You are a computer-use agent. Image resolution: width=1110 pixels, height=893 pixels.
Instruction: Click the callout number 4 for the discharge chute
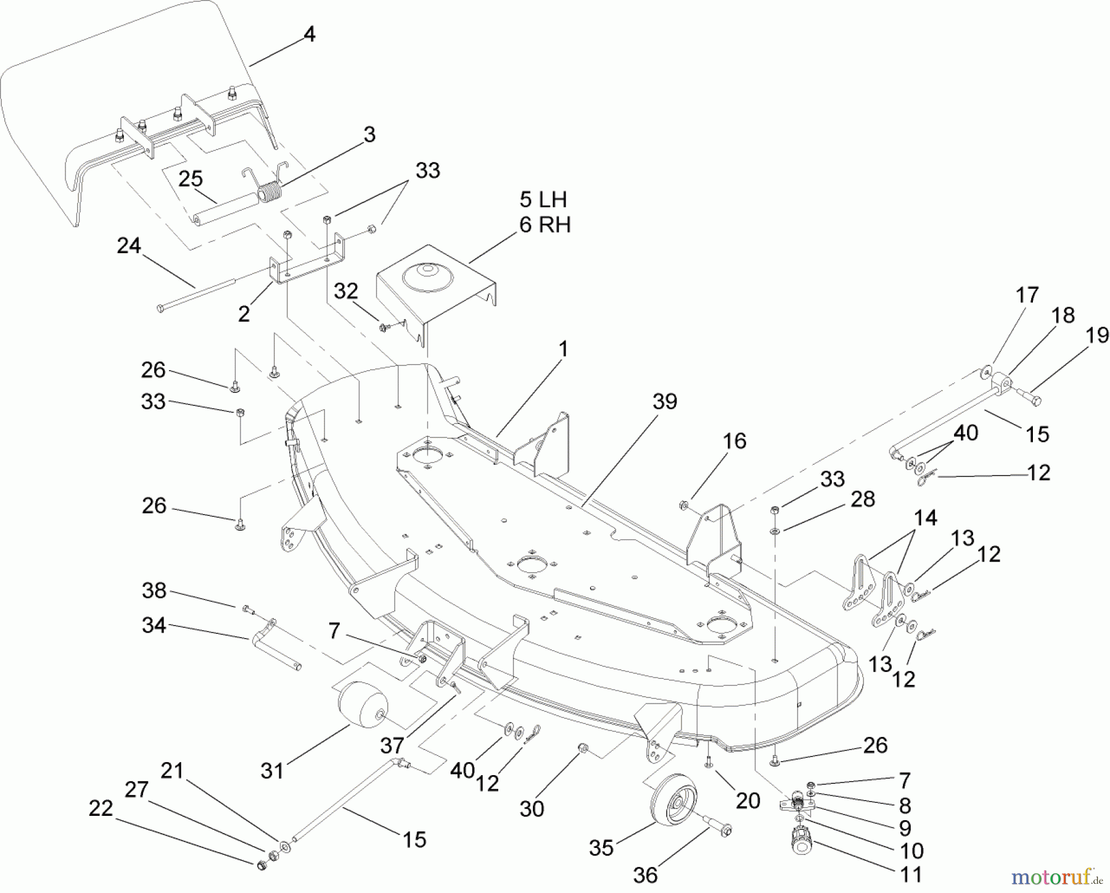click(310, 35)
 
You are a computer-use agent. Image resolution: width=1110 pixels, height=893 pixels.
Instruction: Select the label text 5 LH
click(543, 200)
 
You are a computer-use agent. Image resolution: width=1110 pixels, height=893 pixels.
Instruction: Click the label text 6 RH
click(545, 225)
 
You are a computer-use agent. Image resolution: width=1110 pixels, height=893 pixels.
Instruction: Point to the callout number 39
click(665, 402)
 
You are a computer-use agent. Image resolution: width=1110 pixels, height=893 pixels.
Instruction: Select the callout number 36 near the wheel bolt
click(645, 875)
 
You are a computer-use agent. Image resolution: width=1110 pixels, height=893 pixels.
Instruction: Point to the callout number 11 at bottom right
click(911, 874)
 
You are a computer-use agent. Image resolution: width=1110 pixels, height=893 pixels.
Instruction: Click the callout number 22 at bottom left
click(101, 808)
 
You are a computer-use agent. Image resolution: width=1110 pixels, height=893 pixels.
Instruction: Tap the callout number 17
click(1027, 295)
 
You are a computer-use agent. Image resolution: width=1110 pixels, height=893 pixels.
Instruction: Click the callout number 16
click(733, 441)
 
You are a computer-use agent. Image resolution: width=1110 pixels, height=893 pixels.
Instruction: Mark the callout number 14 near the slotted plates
click(925, 517)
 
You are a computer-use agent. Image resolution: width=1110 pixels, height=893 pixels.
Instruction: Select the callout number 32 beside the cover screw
click(345, 291)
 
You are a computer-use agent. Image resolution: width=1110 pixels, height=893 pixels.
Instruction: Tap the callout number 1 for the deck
click(562, 349)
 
